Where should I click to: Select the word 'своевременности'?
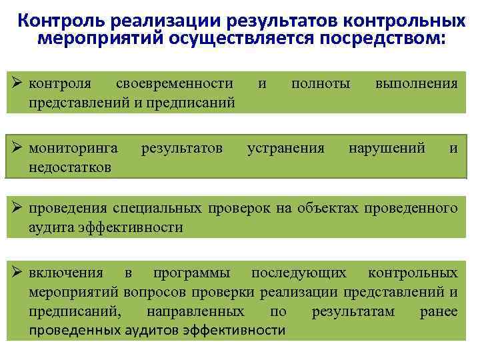[x=175, y=84]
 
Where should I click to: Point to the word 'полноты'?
[x=321, y=84]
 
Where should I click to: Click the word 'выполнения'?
[x=417, y=84]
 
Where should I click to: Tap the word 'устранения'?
[x=286, y=148]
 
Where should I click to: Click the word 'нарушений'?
[x=387, y=148]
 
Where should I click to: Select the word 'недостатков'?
[x=70, y=166]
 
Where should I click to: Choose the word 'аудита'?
[x=52, y=227]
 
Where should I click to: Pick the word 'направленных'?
[x=195, y=311]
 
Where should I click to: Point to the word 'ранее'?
[x=439, y=311]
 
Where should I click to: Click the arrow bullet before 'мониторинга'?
[x=18, y=148]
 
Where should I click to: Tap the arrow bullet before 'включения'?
[x=18, y=273]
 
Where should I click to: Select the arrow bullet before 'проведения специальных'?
[x=18, y=209]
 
